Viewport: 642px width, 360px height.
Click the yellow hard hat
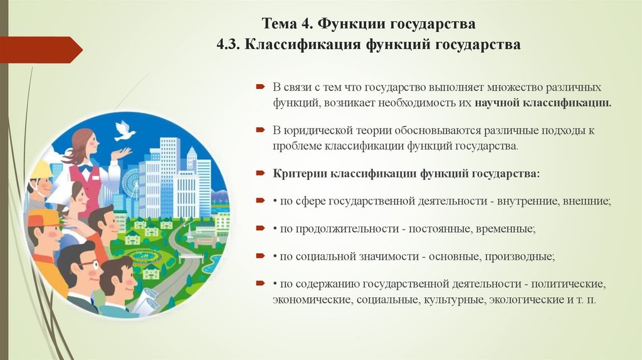click(41, 170)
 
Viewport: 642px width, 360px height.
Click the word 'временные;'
click(502, 230)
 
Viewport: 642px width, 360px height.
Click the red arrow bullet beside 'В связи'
click(260, 86)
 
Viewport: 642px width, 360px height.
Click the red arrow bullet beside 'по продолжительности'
click(260, 230)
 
